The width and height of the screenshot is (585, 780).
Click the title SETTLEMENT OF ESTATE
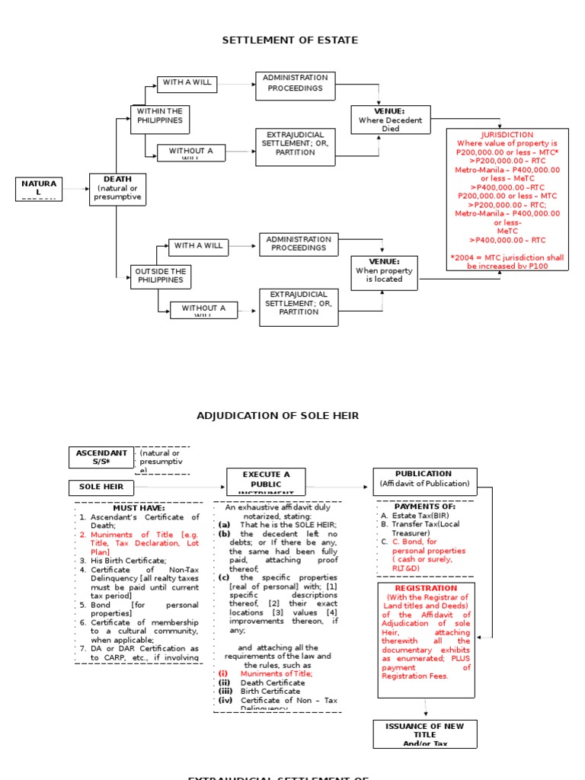click(289, 40)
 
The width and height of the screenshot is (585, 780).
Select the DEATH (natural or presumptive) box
click(117, 189)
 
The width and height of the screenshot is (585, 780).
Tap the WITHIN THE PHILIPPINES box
click(160, 120)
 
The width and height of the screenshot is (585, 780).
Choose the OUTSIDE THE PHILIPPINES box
click(160, 276)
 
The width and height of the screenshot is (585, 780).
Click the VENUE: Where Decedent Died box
click(390, 120)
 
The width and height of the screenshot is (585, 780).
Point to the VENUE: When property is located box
click(385, 273)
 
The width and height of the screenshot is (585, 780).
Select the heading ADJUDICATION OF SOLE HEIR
click(277, 416)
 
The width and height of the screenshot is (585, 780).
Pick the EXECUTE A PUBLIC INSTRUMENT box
click(266, 482)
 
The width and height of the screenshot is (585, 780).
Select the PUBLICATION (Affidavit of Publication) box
click(424, 478)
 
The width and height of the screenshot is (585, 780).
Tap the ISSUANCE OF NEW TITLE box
click(424, 733)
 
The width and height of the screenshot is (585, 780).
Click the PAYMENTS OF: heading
click(424, 507)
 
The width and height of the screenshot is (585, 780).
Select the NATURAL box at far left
click(39, 189)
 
